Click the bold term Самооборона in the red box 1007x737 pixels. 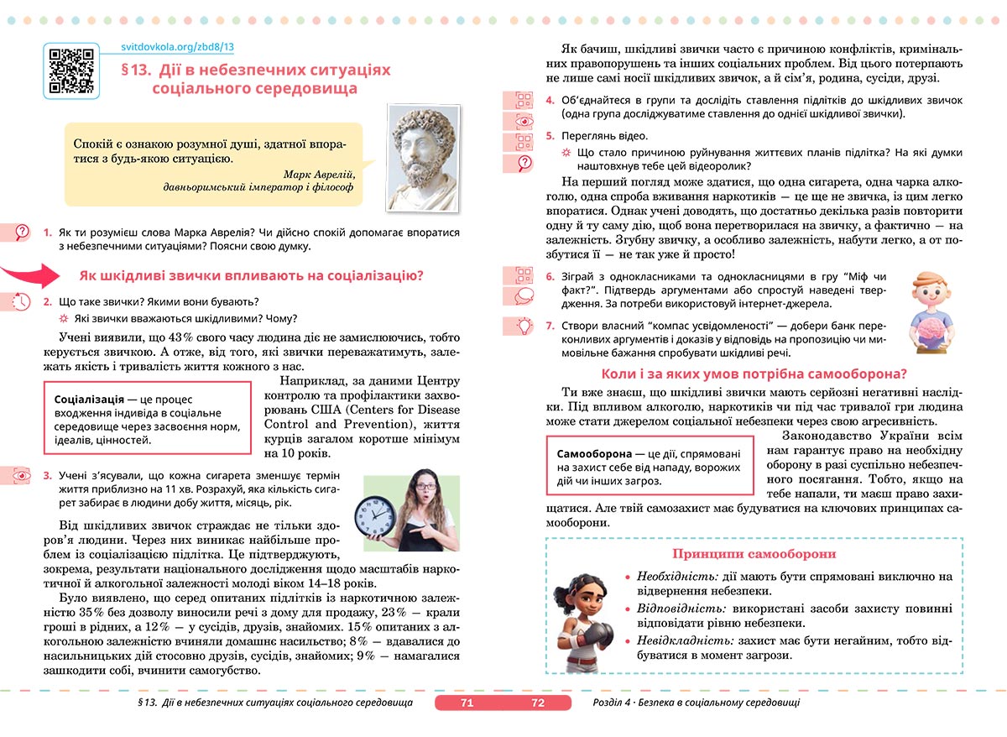click(595, 453)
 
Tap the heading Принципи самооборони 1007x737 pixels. click(754, 554)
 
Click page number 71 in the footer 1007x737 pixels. click(467, 703)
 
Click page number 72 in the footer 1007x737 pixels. click(538, 703)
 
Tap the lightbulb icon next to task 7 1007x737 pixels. click(524, 325)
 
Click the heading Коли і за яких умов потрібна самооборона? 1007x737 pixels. click(754, 374)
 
